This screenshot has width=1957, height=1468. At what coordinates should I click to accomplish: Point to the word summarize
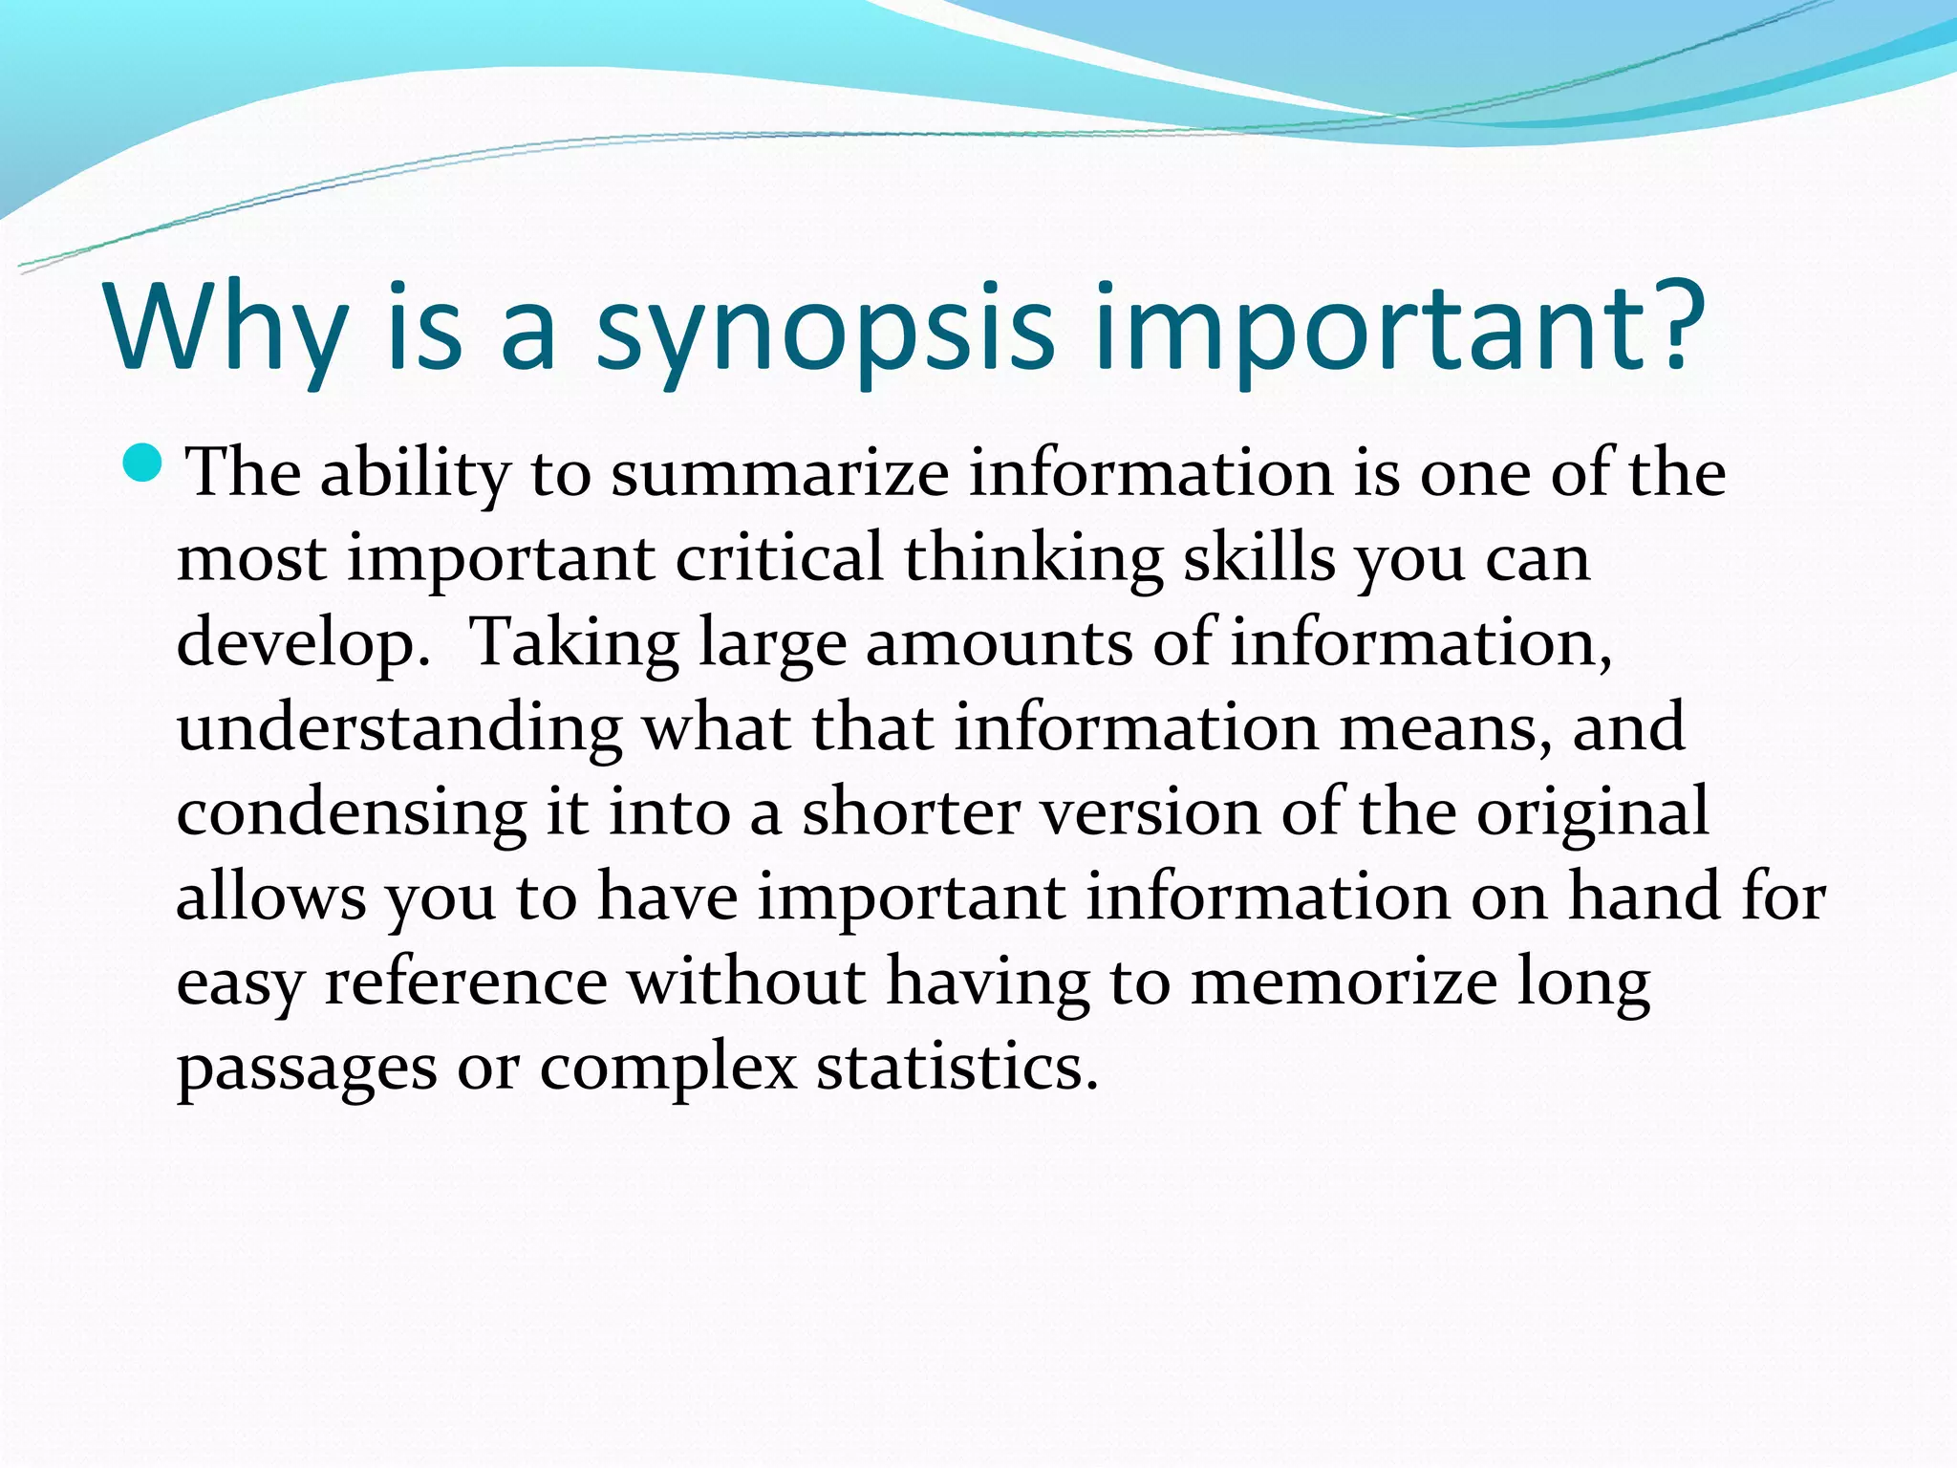[780, 472]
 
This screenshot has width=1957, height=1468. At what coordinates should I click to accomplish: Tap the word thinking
[1033, 559]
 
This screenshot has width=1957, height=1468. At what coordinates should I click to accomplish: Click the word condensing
[351, 813]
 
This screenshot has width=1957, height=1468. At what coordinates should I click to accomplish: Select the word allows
[271, 896]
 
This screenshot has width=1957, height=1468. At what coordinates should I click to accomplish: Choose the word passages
[307, 1069]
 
